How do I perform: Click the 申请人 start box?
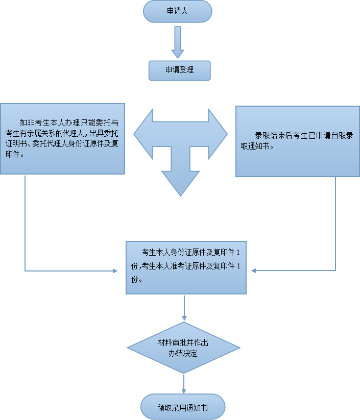tap(177, 11)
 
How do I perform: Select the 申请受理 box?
tap(179, 70)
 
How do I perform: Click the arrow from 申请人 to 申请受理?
tap(177, 43)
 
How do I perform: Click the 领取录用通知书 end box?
tap(183, 407)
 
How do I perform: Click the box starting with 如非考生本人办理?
tap(62, 139)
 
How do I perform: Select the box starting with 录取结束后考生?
tap(298, 141)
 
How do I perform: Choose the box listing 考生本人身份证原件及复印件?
tap(186, 267)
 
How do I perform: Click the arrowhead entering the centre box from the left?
tap(115, 270)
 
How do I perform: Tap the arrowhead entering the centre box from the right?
tap(253, 270)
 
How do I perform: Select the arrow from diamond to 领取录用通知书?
tap(183, 384)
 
